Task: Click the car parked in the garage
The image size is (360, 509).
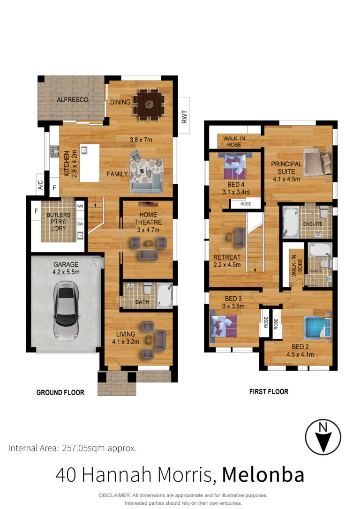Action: coord(66,311)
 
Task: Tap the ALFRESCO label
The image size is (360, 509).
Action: coord(72,100)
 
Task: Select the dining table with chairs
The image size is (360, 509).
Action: coord(149,104)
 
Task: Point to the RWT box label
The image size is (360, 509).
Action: coord(184,117)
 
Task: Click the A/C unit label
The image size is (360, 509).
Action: coord(41,185)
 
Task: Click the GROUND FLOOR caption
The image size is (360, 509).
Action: coord(60,392)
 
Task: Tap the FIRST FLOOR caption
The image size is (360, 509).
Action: coord(269,391)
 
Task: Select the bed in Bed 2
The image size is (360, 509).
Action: coord(317,327)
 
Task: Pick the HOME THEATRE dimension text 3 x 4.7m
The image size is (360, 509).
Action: coord(148,230)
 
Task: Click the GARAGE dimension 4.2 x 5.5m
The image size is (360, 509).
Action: coord(66,272)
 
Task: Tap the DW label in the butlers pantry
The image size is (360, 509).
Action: coord(80,224)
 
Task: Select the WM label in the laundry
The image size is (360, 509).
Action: coord(80,206)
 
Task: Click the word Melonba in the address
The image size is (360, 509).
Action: coord(263,475)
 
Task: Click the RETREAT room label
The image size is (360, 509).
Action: coord(227,257)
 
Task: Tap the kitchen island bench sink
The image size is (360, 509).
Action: coord(84,150)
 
